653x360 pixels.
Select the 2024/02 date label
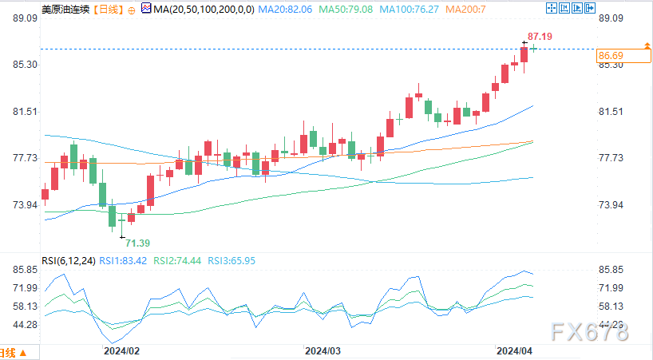coord(121,350)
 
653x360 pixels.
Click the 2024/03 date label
coord(323,350)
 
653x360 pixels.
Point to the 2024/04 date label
coord(514,350)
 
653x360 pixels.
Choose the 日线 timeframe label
coord(109,9)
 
